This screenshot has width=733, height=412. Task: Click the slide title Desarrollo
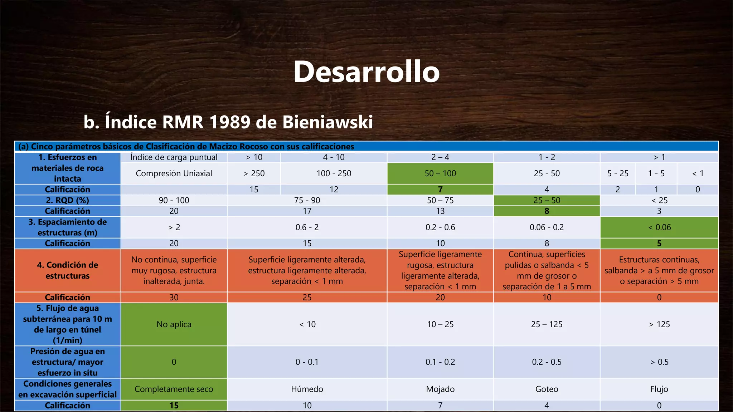366,72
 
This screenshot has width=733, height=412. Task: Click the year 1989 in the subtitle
229,122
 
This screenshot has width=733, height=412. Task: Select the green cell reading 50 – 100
440,173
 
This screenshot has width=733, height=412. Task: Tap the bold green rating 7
440,190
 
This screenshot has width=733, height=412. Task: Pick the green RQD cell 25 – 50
547,200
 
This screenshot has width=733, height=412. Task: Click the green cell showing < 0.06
659,227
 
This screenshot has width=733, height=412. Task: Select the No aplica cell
174,324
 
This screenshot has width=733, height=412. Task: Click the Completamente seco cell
174,389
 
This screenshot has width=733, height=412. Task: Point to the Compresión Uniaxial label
174,173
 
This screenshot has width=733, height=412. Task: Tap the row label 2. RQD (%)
67,200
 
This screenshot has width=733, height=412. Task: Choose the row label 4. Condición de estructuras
67,270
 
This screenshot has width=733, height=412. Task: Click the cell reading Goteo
547,389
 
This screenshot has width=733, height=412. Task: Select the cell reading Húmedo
307,389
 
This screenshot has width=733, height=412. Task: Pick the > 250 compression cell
254,173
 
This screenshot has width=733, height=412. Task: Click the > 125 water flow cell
659,324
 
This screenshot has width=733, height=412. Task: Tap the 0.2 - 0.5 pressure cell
547,362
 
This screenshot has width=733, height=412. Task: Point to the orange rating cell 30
174,297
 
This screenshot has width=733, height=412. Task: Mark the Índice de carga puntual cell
174,157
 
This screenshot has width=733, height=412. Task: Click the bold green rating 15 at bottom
174,406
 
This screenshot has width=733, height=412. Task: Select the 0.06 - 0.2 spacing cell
547,227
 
